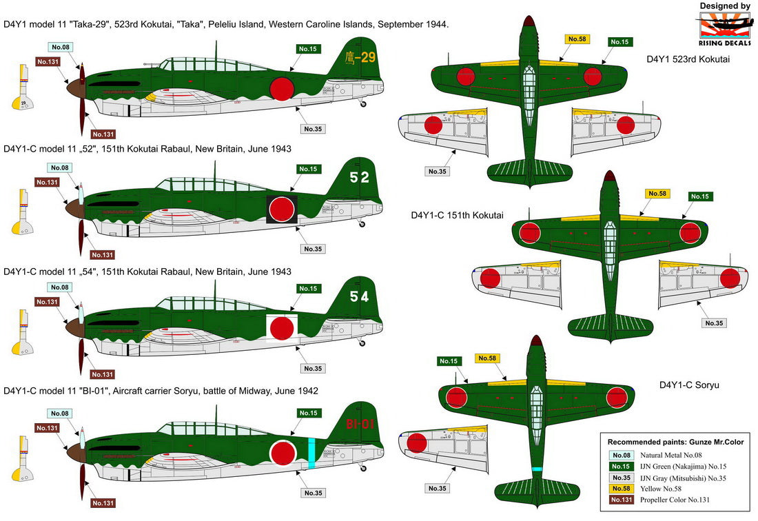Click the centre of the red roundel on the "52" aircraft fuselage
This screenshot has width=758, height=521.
(x=281, y=210)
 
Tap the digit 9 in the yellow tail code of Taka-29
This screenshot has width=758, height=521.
(x=370, y=57)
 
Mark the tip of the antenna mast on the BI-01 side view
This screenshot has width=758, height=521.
(x=216, y=405)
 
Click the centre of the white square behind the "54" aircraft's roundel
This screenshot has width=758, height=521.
(x=281, y=329)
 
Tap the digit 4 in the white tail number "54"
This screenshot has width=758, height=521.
(x=364, y=296)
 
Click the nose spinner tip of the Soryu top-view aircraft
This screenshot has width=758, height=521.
(x=535, y=335)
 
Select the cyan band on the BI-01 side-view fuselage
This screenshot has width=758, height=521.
(x=311, y=452)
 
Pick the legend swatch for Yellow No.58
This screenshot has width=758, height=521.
(x=621, y=489)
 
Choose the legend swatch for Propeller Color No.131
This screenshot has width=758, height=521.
(x=621, y=500)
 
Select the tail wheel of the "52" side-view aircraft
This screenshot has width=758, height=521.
(x=362, y=224)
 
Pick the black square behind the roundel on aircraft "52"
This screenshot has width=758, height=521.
(x=281, y=210)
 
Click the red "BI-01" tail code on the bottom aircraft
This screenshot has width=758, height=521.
(x=360, y=424)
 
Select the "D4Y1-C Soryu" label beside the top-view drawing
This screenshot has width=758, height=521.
(x=689, y=385)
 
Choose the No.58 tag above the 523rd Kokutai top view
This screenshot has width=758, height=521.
(x=577, y=39)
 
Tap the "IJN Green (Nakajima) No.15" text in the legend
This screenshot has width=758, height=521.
(x=683, y=467)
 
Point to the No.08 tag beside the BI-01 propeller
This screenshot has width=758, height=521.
(x=60, y=413)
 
